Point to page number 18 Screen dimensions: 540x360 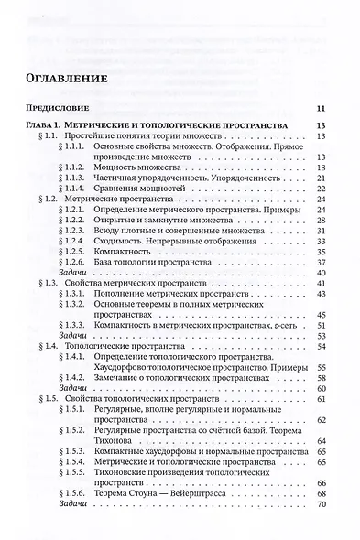(x=322, y=167)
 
